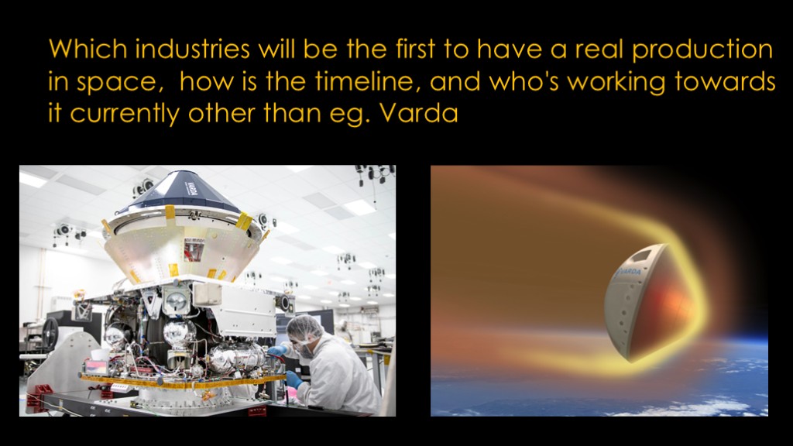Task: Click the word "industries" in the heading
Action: (x=192, y=49)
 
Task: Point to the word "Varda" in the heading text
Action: (x=419, y=113)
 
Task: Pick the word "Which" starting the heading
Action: (x=88, y=49)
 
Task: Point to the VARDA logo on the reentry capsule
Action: (x=627, y=273)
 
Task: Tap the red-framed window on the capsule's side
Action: (x=194, y=250)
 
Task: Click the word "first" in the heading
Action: (x=415, y=49)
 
